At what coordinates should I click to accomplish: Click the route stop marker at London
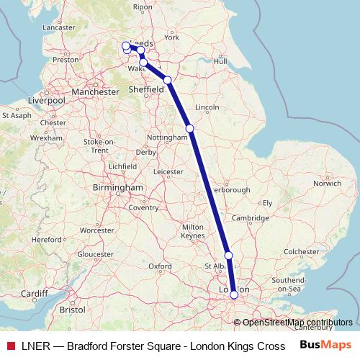234,294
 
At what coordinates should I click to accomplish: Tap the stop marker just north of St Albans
228,256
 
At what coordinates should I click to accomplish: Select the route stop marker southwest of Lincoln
189,128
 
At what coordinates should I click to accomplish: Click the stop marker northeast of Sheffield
167,80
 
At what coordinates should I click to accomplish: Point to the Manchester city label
96,92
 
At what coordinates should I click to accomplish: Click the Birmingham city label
119,187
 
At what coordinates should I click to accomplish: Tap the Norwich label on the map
328,184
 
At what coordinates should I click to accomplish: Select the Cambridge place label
251,217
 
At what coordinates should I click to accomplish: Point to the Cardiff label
34,294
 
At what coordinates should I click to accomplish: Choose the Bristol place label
72,310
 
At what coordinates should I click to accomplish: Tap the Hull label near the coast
220,62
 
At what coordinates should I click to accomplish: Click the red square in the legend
9,344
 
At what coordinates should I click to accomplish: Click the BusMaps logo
325,344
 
